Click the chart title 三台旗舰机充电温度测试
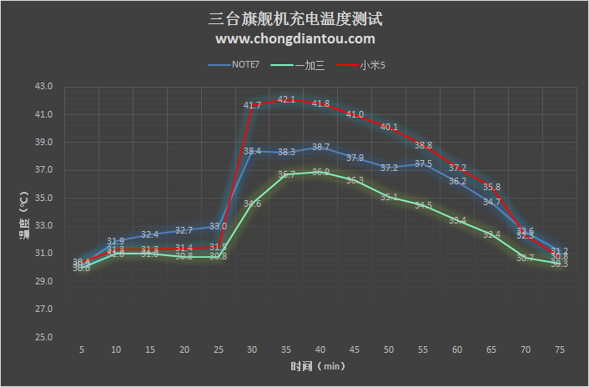coord(294,18)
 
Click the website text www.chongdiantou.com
coord(294,38)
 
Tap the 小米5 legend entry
coord(372,64)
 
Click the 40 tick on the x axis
coord(320,351)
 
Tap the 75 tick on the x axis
coord(560,351)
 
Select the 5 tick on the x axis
coord(82,351)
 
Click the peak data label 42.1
coord(286,99)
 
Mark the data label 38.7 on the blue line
coord(320,147)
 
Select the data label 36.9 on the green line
coord(320,172)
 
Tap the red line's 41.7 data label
coord(252,105)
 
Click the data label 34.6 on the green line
coord(252,204)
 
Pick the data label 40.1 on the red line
coord(389,127)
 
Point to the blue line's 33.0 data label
coord(218,226)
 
